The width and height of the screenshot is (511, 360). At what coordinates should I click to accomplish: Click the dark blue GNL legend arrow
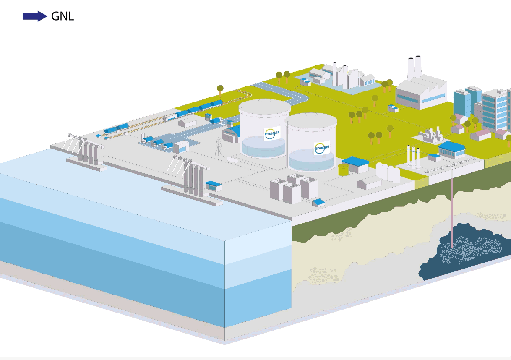tap(35, 16)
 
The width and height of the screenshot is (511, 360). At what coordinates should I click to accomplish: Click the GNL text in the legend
tap(63, 16)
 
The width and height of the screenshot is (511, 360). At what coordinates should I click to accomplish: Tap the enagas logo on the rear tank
tap(272, 133)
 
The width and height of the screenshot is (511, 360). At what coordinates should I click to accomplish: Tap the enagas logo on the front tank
tap(322, 148)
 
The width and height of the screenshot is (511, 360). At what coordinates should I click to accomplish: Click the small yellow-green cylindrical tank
tap(343, 170)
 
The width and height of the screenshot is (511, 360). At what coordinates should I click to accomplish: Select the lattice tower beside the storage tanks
tap(219, 147)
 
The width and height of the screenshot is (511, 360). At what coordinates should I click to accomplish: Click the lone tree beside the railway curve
tap(220, 91)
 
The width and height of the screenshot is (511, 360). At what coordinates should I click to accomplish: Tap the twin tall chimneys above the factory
tap(415, 67)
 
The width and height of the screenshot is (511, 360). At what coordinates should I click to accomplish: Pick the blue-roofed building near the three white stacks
tap(452, 149)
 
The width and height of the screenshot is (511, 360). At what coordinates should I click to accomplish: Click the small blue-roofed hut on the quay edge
tap(214, 186)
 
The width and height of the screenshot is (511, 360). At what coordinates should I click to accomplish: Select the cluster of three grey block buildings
tap(294, 188)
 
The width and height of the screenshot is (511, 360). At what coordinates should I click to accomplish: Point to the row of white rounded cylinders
tap(388, 172)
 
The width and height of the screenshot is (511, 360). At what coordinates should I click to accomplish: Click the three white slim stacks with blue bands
tap(413, 157)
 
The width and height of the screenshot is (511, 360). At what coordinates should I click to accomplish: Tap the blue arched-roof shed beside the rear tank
tap(231, 134)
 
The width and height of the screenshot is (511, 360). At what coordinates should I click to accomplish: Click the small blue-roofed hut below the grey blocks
tap(319, 203)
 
